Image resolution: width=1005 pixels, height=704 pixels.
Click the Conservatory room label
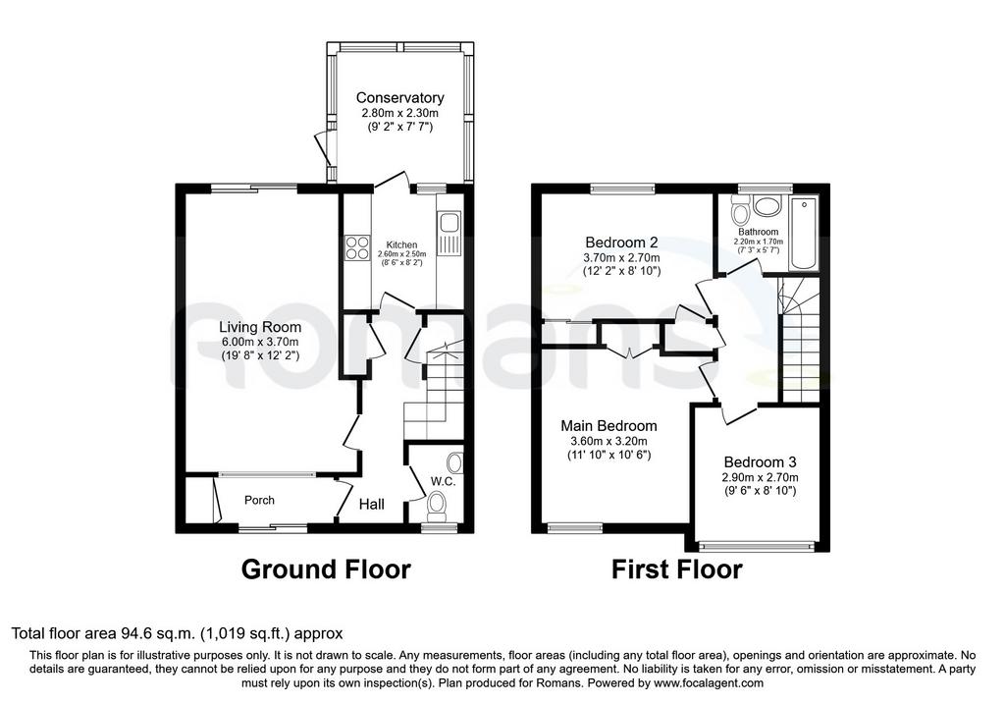tap(400, 98)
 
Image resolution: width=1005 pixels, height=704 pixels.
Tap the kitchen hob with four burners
tap(357, 248)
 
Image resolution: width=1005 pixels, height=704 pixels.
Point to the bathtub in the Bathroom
tap(803, 234)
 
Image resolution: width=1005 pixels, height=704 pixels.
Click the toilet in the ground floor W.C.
tap(439, 505)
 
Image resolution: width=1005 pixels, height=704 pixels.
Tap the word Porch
tap(259, 500)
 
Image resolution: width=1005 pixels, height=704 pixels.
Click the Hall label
tap(372, 505)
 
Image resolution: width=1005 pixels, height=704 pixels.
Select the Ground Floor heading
tap(326, 569)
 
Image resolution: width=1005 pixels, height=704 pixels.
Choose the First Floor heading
tap(677, 569)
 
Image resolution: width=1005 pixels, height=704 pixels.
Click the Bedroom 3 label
tap(761, 462)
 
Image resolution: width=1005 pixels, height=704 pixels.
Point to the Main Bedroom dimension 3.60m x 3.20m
tap(608, 441)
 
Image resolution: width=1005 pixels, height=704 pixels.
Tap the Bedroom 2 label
tap(621, 243)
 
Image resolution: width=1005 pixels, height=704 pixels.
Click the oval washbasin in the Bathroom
tap(766, 206)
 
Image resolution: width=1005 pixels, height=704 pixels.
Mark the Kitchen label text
tap(401, 244)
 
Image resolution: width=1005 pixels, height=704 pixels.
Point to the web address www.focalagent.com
tap(711, 683)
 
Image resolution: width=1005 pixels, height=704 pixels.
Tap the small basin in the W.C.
tap(455, 462)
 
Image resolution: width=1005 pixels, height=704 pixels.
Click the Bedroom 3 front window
tap(757, 546)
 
